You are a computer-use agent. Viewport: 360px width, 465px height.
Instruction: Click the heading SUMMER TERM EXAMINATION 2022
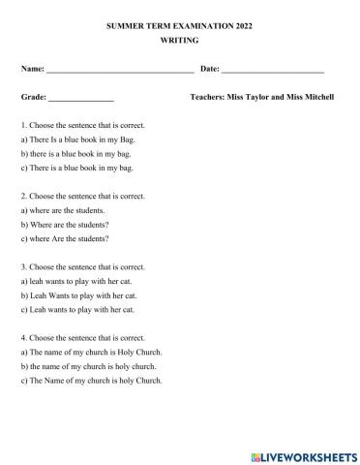tap(179, 26)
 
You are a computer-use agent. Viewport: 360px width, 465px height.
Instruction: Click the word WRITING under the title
tap(179, 41)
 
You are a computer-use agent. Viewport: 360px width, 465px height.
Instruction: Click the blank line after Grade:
tap(81, 99)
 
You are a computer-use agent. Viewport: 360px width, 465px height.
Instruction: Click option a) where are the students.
tap(63, 210)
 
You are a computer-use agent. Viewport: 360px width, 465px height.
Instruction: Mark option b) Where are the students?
tap(65, 224)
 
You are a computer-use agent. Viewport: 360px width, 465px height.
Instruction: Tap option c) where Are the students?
tap(65, 237)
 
